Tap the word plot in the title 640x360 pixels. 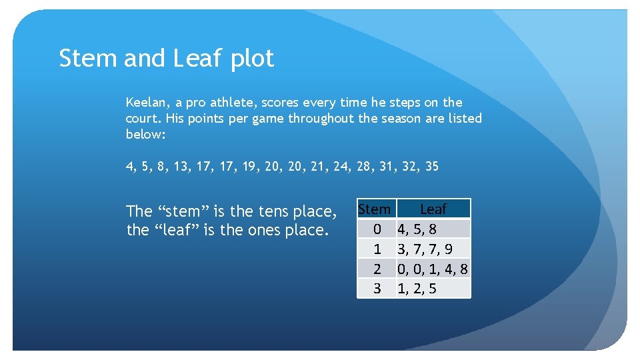pos(252,59)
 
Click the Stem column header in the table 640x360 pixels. pos(375,209)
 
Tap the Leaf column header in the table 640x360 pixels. pos(433,209)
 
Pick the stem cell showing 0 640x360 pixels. pos(377,229)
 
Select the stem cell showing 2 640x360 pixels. pos(377,269)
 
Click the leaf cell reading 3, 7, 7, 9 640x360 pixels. pos(425,249)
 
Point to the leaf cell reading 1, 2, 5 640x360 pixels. pos(417,289)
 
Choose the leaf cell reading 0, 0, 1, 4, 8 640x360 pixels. pos(433,269)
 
